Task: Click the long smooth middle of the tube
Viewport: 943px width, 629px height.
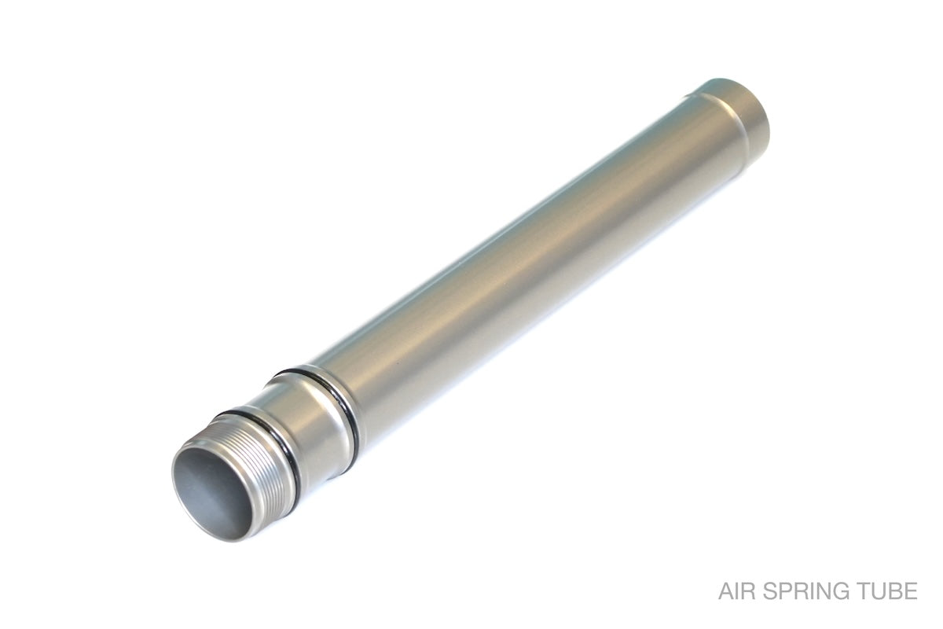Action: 527,261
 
